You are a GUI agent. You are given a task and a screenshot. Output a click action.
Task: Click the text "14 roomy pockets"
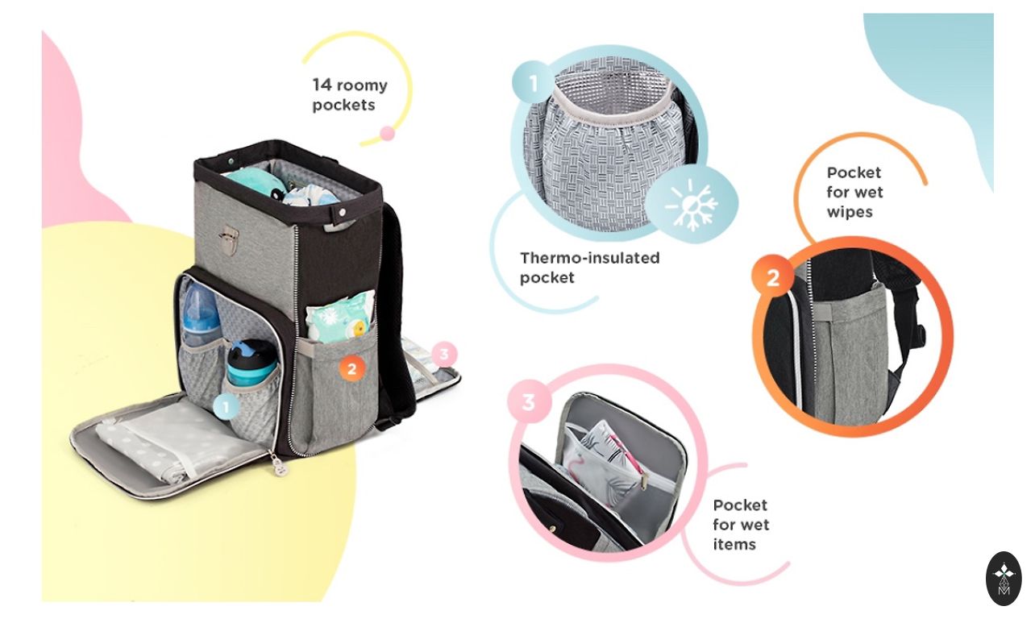(x=350, y=94)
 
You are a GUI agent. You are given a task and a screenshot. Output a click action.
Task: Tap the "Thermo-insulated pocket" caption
(x=589, y=268)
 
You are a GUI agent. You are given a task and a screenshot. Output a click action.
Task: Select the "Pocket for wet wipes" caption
(x=854, y=192)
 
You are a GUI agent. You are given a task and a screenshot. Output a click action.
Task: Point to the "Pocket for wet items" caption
(x=741, y=525)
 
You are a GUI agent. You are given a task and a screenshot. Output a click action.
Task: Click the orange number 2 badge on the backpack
(x=352, y=368)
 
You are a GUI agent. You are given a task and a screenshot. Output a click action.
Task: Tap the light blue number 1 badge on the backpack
(x=226, y=407)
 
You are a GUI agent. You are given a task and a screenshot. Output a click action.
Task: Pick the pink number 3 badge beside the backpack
(x=444, y=355)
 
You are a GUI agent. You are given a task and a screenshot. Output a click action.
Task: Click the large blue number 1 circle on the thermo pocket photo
(x=534, y=82)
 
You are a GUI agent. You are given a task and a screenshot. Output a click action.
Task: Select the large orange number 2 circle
(x=773, y=277)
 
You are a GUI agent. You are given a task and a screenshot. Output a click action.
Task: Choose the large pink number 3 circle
(x=530, y=401)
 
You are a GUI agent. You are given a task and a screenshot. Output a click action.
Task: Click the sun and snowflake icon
(x=692, y=204)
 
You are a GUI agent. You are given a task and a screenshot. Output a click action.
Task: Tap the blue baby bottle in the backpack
(x=200, y=315)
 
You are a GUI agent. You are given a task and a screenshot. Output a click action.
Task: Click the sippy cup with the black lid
(x=251, y=363)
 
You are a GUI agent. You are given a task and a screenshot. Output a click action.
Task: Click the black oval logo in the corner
(x=1004, y=579)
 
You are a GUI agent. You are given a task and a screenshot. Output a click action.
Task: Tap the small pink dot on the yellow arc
(x=387, y=134)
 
